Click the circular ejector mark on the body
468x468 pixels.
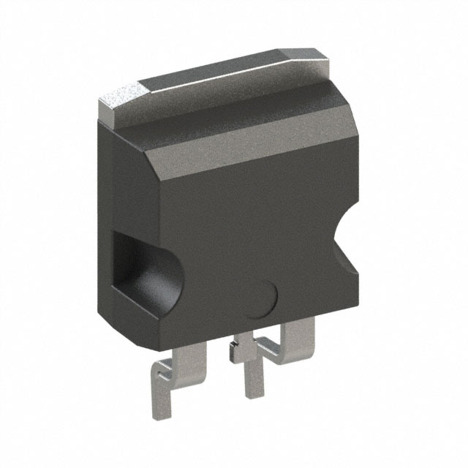tap(260, 299)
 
